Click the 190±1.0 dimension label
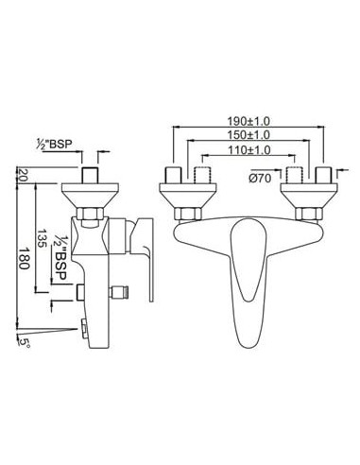[249, 121]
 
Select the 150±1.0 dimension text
[249, 135]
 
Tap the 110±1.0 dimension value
[249, 150]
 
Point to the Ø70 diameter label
[260, 179]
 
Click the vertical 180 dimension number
[24, 258]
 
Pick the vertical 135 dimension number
[43, 238]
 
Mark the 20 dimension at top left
[24, 175]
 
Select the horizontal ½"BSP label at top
[55, 144]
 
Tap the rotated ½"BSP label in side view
[60, 257]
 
